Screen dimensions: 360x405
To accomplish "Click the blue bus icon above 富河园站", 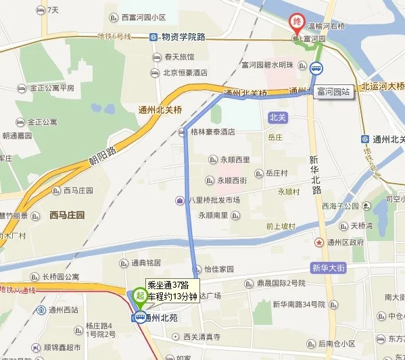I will [x=316, y=68].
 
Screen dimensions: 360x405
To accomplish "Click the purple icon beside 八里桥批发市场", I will [x=180, y=200].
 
